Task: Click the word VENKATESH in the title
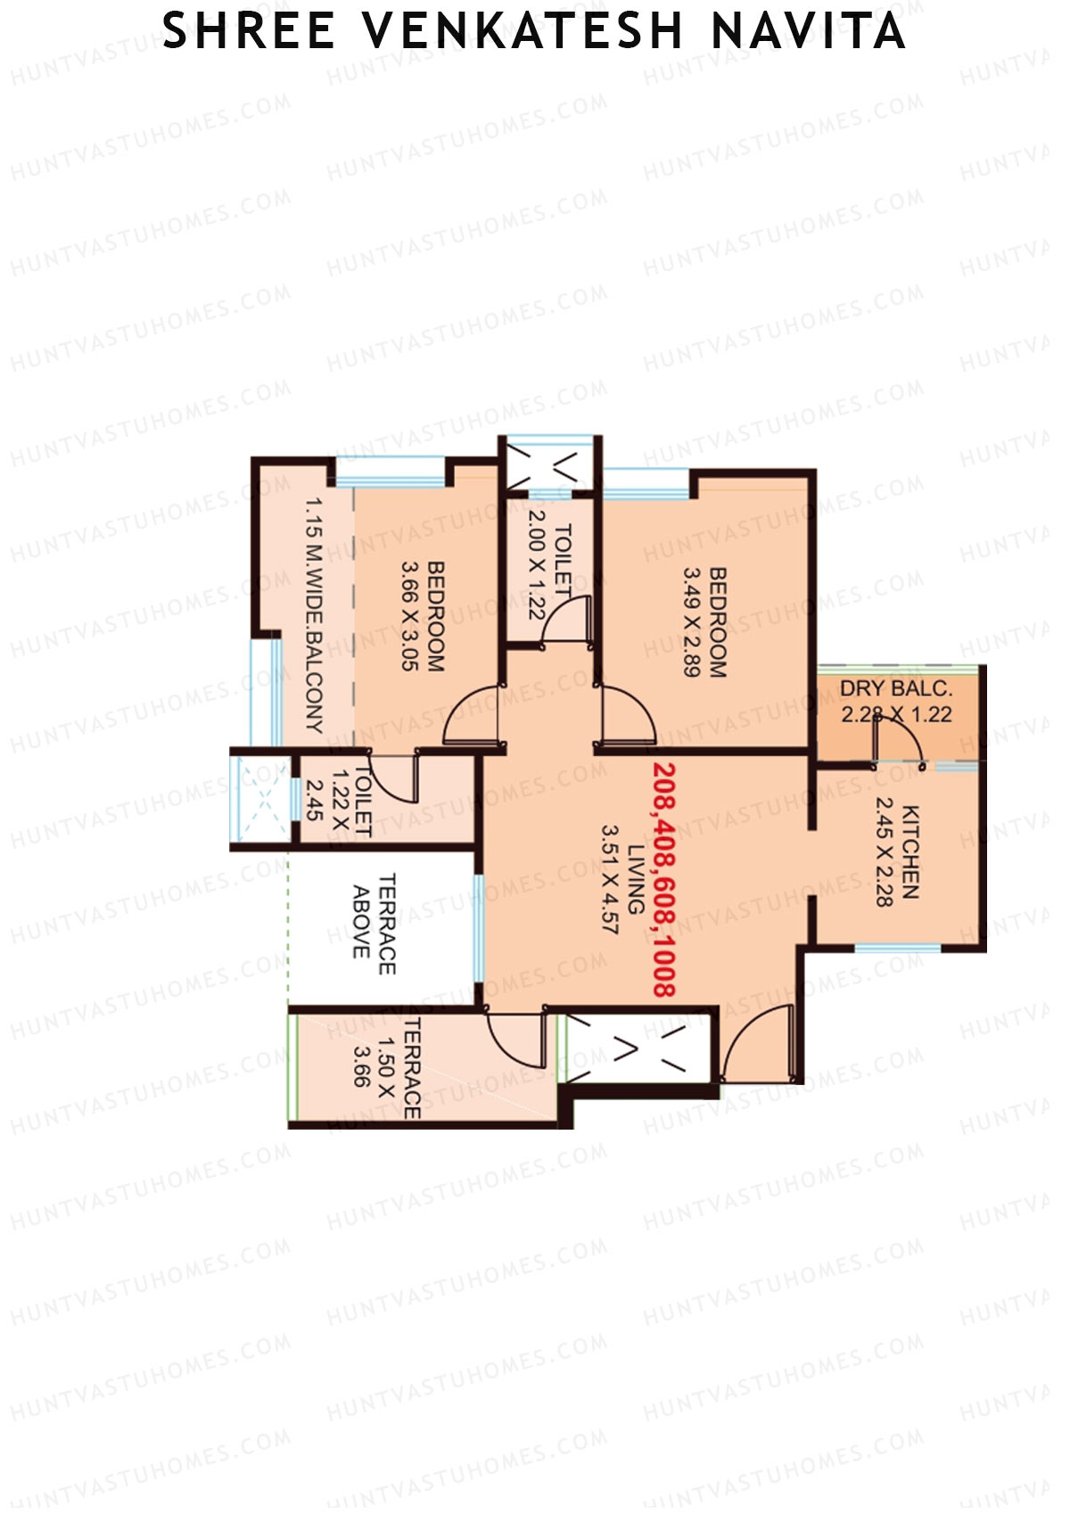(x=523, y=31)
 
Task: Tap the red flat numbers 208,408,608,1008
(x=664, y=878)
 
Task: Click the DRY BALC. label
(x=896, y=689)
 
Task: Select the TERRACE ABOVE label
(x=374, y=924)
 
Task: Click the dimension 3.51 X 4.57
(x=610, y=878)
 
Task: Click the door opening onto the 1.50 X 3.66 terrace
(x=515, y=1039)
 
